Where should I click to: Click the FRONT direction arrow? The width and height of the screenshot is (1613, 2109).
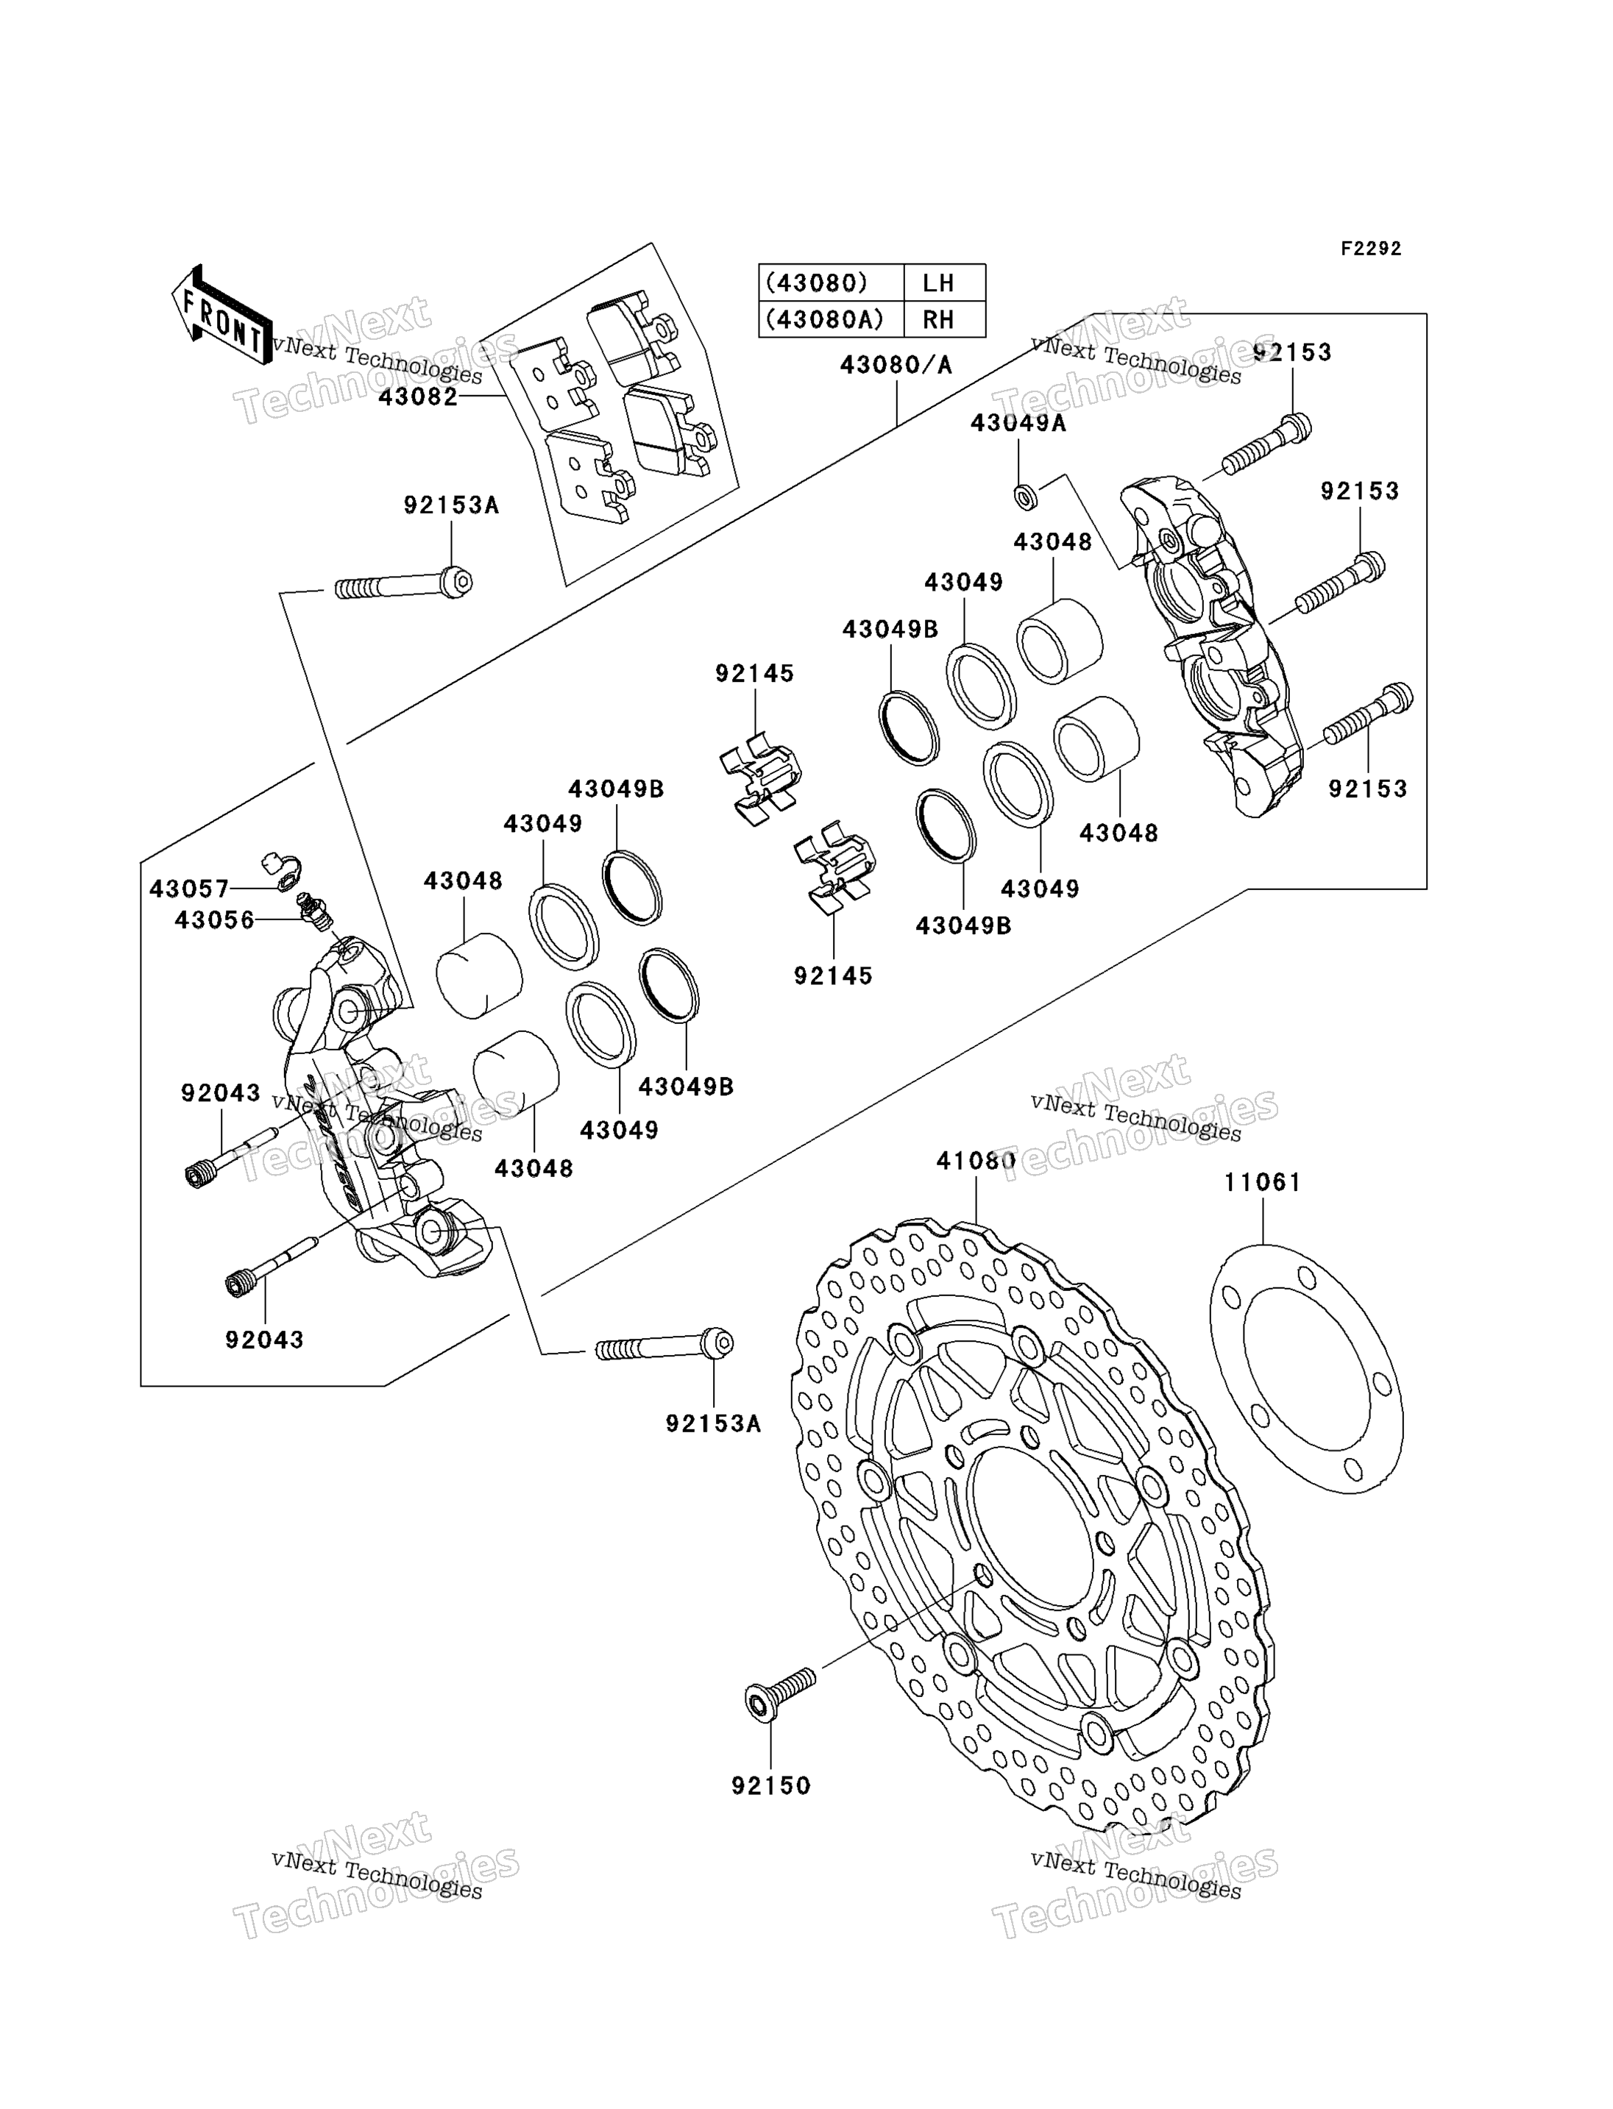221,314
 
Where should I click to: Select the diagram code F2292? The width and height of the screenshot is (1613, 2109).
1371,249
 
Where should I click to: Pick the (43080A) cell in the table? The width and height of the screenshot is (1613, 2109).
832,320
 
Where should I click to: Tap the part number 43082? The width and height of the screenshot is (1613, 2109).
419,396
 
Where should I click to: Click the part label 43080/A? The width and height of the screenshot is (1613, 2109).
896,366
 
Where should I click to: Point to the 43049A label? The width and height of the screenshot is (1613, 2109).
1018,423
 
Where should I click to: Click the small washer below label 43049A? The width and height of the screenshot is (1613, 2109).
1025,497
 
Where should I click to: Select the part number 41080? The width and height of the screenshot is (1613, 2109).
976,1162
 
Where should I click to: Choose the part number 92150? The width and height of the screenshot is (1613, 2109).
771,1787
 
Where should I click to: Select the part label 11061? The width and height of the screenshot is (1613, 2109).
1263,1183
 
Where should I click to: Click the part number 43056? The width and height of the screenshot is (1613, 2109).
215,920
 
